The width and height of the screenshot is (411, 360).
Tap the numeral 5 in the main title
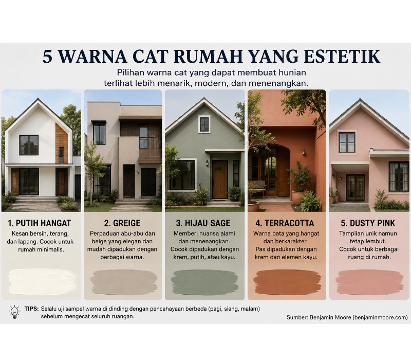47,56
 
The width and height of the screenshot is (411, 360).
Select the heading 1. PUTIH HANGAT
40,223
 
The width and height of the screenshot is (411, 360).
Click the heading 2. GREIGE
122,223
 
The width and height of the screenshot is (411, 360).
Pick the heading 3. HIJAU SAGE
203,223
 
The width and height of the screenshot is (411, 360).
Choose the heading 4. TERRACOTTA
285,223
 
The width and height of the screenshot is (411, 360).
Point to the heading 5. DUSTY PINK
368,223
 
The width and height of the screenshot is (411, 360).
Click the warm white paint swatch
43,281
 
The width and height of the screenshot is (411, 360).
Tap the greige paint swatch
124,282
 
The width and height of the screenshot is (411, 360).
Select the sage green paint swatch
204,282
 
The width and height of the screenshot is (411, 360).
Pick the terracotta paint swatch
288,282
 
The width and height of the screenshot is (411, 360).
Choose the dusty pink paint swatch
369,282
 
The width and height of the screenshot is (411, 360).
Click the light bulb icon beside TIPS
15,312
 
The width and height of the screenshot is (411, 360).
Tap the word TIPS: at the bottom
31,309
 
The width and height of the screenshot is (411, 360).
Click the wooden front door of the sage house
220,179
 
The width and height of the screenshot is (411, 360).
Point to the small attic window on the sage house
204,125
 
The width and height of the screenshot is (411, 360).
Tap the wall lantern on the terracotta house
304,152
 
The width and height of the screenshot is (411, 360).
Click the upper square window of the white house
29,145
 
